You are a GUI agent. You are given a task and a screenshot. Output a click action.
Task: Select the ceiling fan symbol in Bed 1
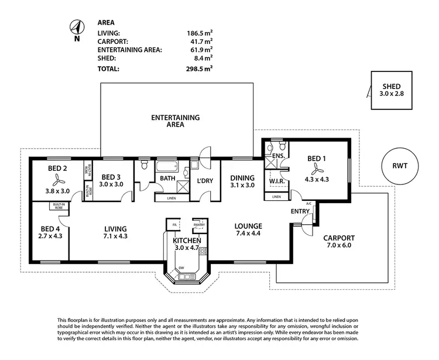[317, 169]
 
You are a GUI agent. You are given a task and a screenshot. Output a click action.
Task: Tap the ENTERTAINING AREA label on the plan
[176, 121]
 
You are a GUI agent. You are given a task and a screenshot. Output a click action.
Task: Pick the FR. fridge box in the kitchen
[174, 224]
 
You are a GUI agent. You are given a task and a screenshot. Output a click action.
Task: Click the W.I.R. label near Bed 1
[277, 181]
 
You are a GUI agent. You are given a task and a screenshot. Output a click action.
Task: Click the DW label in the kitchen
[181, 268]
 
